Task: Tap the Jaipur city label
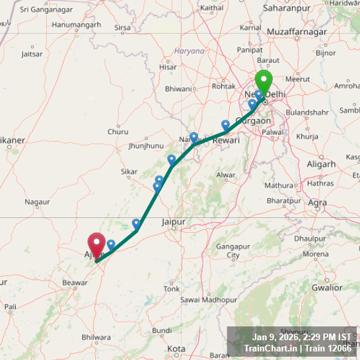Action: click(x=173, y=223)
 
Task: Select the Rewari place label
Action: click(x=225, y=139)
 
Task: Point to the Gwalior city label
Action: click(x=327, y=287)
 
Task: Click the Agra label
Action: click(x=317, y=202)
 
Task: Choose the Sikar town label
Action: click(x=129, y=172)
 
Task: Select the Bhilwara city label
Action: click(x=96, y=338)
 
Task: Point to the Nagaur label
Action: click(x=37, y=201)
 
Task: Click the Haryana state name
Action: click(x=189, y=51)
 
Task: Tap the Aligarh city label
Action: click(x=321, y=164)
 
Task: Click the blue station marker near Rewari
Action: click(x=226, y=125)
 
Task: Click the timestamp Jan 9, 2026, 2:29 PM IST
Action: click(x=301, y=337)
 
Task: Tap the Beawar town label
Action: click(x=75, y=282)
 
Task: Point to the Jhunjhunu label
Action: click(x=145, y=145)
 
